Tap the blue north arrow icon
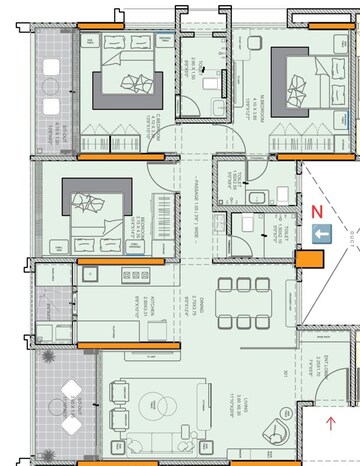point(322,234)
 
